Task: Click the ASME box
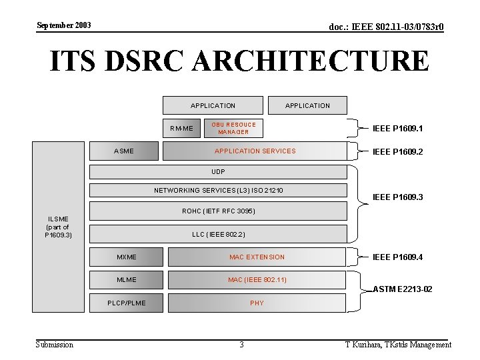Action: click(x=125, y=151)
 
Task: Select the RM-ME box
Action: click(x=181, y=128)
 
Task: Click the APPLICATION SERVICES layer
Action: click(x=255, y=151)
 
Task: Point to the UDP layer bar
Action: click(x=218, y=172)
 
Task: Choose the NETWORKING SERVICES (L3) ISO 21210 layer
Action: click(x=218, y=191)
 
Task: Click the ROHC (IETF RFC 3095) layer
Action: click(x=218, y=211)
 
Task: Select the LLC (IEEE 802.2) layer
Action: click(x=218, y=234)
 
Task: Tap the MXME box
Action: click(x=127, y=257)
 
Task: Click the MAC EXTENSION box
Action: click(x=257, y=257)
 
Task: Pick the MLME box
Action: click(x=127, y=280)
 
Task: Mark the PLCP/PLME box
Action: click(x=127, y=303)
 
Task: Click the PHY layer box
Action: click(x=257, y=303)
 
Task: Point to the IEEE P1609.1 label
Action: click(x=398, y=128)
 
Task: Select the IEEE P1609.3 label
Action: click(x=398, y=197)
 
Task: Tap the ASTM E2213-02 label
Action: click(x=403, y=289)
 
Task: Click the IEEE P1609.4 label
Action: click(x=398, y=257)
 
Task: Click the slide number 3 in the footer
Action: click(x=241, y=345)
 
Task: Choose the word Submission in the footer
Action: click(x=55, y=345)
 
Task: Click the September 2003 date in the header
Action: click(x=64, y=25)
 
